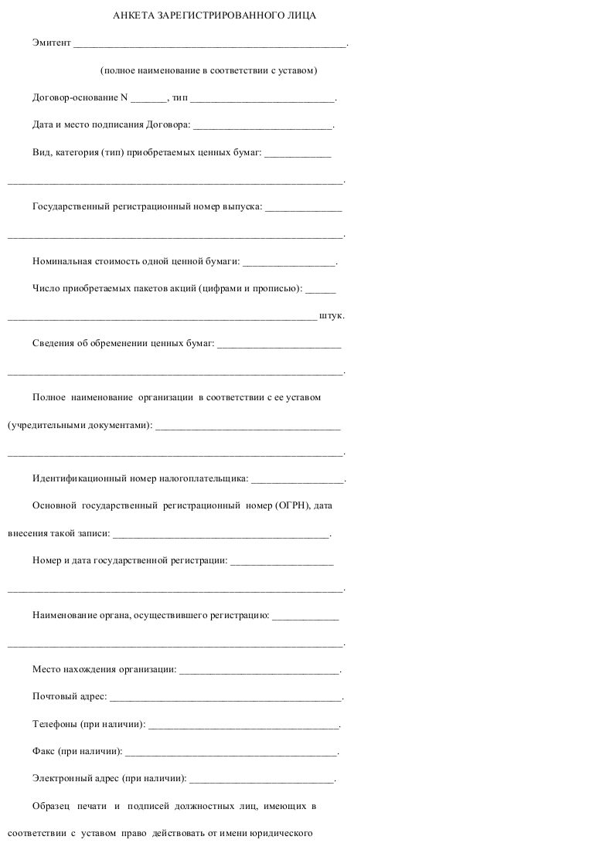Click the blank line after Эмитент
point(209,44)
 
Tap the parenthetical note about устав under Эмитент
point(209,71)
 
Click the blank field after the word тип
point(262,99)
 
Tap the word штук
point(331,316)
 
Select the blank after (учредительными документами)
point(247,426)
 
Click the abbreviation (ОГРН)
point(291,506)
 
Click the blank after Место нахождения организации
point(259,669)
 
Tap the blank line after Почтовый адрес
point(225,697)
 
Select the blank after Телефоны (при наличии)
point(243,725)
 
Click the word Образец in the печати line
point(51,807)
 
